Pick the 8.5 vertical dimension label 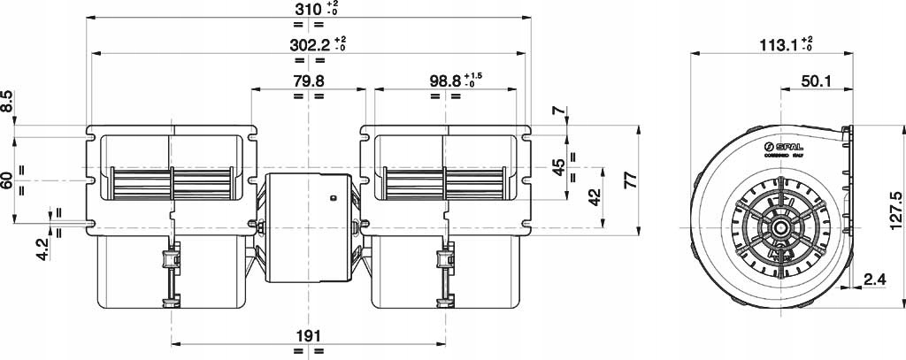[7, 103]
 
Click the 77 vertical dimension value [629, 180]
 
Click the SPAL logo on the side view [781, 145]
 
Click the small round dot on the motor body [333, 198]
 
